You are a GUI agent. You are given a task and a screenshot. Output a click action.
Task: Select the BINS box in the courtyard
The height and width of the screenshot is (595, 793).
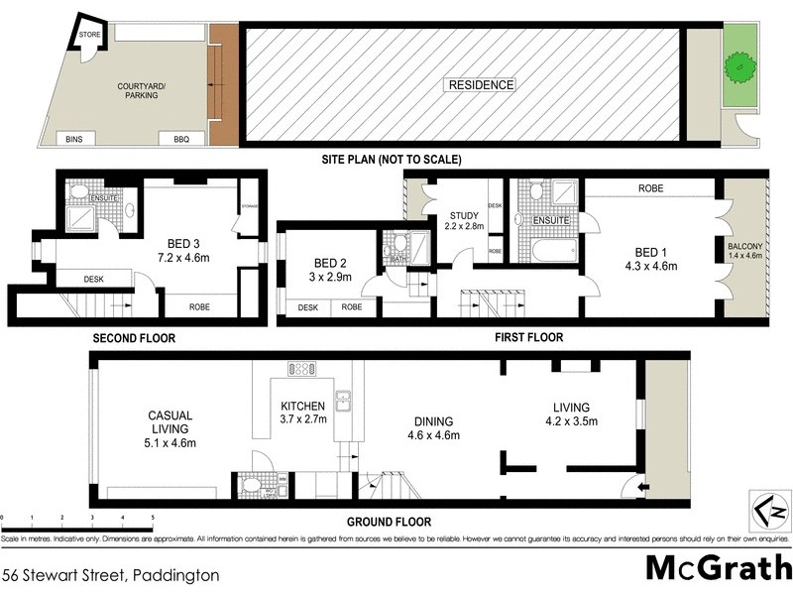74,140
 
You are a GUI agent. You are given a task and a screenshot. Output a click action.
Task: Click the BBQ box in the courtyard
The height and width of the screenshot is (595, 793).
181,140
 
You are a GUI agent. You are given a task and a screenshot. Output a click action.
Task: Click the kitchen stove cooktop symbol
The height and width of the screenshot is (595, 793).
301,369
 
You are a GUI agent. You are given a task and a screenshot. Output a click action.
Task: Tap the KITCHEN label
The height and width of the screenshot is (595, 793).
303,408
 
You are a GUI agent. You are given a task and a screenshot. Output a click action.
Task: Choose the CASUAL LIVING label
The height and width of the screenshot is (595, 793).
170,421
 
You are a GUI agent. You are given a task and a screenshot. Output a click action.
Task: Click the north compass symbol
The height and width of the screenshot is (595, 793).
769,511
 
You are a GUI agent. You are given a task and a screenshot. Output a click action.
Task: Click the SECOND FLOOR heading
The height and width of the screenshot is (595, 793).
134,338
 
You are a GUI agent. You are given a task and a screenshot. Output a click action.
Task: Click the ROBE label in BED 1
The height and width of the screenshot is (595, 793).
650,188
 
